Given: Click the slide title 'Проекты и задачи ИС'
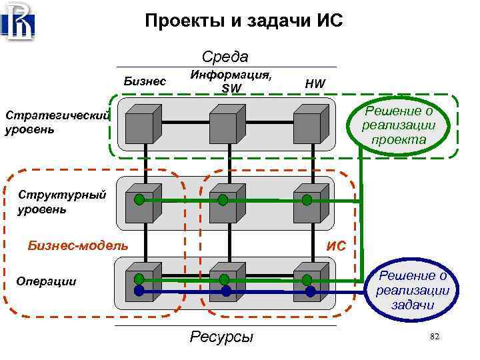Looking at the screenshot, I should [x=243, y=22].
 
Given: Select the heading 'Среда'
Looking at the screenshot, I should [x=225, y=57].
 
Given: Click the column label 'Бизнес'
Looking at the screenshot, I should [x=145, y=81].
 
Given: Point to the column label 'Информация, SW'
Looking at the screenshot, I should [x=231, y=81].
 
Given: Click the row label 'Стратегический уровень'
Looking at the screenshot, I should [x=56, y=122].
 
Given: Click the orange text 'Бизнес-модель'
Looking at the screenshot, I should [x=78, y=245].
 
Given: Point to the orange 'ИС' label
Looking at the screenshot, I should [x=336, y=246].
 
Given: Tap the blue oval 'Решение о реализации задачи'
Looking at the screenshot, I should [x=411, y=291].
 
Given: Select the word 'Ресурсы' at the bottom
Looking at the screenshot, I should [x=221, y=337].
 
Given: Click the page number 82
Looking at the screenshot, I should [x=435, y=338].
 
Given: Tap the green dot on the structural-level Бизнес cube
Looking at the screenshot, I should [x=139, y=199].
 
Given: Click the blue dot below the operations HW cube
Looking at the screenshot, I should [x=310, y=291].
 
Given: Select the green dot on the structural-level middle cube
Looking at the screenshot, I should [x=223, y=199].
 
